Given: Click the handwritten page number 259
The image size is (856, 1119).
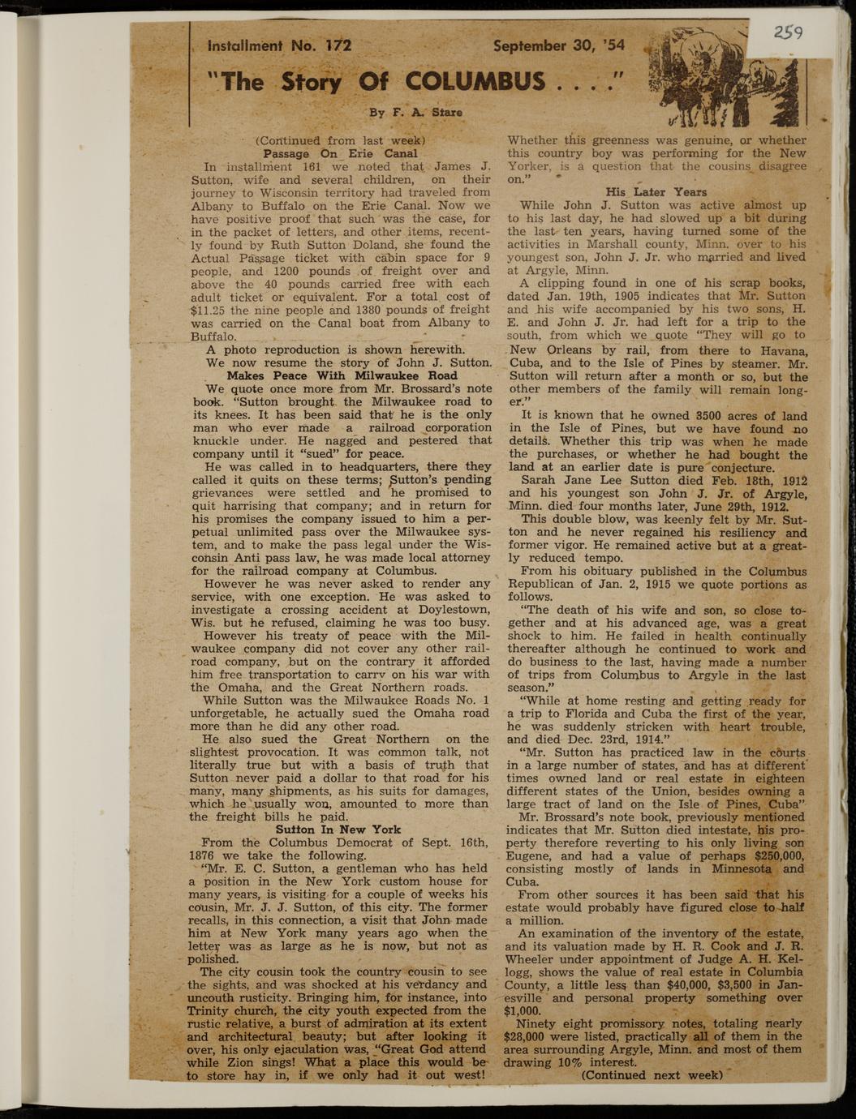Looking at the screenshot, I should point(787,32).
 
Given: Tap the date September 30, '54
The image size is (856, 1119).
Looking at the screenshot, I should point(559,46).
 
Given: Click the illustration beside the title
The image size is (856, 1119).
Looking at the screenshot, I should point(721,78).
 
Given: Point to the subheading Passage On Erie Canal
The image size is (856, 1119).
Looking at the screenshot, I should point(340,153).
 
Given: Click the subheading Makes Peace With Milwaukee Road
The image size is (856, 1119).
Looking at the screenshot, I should point(342,375).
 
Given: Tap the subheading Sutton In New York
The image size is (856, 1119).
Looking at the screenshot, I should point(338,830).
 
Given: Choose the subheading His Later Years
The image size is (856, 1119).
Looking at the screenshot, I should point(656,192).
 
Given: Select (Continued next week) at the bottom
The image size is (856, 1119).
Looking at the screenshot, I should point(652,1075).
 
